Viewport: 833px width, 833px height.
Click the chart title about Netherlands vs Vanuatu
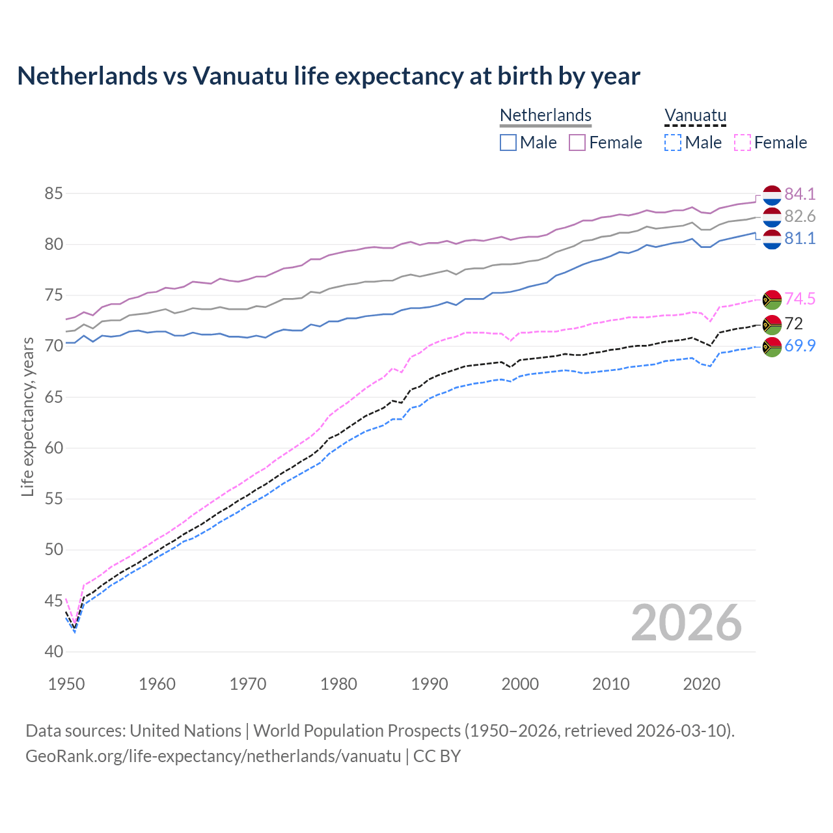[x=329, y=76]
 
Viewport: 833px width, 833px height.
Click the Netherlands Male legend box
[x=508, y=143]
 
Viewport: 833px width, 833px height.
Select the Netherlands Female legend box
[x=577, y=143]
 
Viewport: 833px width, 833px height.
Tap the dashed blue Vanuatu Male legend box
[x=673, y=143]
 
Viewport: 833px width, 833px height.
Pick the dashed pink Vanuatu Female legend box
[x=742, y=143]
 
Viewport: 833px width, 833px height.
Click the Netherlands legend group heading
[x=545, y=115]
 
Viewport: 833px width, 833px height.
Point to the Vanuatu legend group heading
[x=695, y=115]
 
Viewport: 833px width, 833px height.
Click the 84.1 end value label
[x=800, y=194]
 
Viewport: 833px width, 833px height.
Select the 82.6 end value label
[x=800, y=216]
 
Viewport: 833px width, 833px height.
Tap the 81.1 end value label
[x=800, y=238]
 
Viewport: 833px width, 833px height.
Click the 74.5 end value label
[x=800, y=299]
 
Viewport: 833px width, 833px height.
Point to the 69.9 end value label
[x=800, y=346]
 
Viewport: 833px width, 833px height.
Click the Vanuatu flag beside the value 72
[x=772, y=324]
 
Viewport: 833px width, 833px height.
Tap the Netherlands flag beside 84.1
[x=772, y=195]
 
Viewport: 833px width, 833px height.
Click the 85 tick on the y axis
[x=53, y=193]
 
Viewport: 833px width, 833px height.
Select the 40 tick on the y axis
[x=53, y=651]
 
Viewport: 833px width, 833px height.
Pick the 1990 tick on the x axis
[x=430, y=684]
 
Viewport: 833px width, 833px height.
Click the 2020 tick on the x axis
[x=702, y=684]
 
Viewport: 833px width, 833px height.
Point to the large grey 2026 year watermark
[x=686, y=623]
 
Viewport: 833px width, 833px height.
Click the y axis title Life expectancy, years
[x=27, y=416]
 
